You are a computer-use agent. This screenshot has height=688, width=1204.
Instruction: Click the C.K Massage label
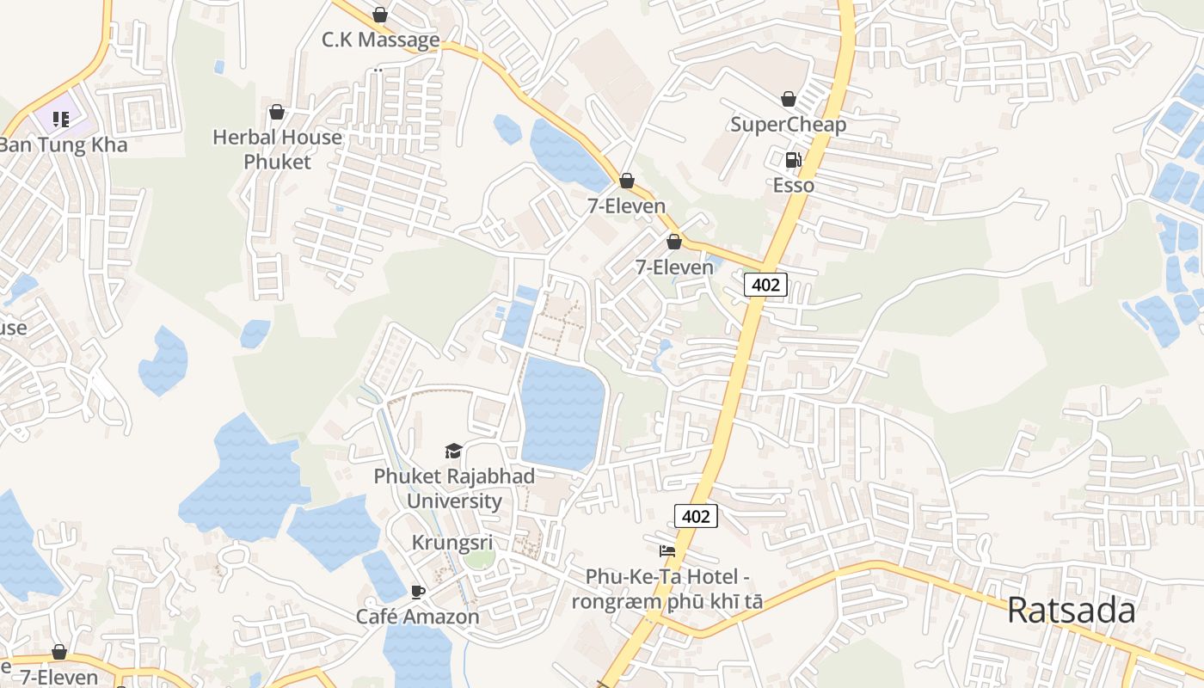pyautogui.click(x=380, y=40)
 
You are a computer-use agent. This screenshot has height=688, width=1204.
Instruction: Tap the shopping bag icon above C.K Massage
pyautogui.click(x=380, y=15)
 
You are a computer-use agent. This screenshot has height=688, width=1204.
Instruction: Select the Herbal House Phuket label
pyautogui.click(x=277, y=149)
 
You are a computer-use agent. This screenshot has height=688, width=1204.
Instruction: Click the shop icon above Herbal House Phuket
pyautogui.click(x=277, y=112)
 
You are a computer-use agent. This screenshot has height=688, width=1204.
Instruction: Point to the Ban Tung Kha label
pyautogui.click(x=63, y=144)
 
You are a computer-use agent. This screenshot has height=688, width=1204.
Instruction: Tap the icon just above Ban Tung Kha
pyautogui.click(x=61, y=119)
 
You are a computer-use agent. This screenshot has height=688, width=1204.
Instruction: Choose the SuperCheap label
pyautogui.click(x=788, y=125)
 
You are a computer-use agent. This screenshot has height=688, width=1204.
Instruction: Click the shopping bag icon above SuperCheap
pyautogui.click(x=788, y=99)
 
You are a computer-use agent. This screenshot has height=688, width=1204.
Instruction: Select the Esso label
pyautogui.click(x=793, y=185)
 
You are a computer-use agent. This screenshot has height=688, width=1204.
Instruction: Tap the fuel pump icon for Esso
pyautogui.click(x=793, y=160)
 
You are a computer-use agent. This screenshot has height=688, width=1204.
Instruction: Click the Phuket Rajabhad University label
pyautogui.click(x=454, y=488)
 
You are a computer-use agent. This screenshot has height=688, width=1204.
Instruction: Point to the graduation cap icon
pyautogui.click(x=453, y=451)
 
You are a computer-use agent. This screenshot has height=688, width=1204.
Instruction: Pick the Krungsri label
pyautogui.click(x=452, y=543)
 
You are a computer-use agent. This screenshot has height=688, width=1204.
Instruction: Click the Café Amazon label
pyautogui.click(x=418, y=617)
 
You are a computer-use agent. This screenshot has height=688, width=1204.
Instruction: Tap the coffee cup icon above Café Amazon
pyautogui.click(x=418, y=592)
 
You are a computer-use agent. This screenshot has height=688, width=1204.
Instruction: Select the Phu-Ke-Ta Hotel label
pyautogui.click(x=667, y=588)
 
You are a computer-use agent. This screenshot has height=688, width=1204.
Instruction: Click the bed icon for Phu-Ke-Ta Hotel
pyautogui.click(x=667, y=551)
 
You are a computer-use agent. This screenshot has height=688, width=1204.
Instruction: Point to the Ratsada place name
pyautogui.click(x=1071, y=611)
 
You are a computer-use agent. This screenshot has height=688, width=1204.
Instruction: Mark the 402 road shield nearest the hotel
pyautogui.click(x=695, y=516)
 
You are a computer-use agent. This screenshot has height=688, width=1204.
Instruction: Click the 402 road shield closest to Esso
pyautogui.click(x=765, y=285)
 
